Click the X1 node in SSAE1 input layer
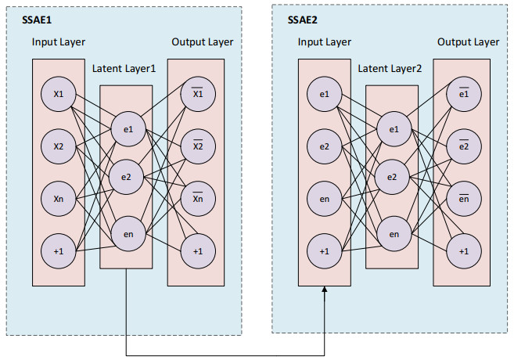59,95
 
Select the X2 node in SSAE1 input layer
59,145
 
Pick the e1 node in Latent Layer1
128,128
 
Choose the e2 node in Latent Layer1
128,178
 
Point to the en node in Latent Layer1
128,232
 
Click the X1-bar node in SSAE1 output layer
197,95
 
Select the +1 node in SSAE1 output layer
197,250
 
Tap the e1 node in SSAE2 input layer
325,95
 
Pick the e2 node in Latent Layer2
394,178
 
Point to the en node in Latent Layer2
394,233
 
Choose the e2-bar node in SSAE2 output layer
464,145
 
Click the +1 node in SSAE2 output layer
464,250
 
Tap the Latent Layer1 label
124,69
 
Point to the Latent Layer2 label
390,69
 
